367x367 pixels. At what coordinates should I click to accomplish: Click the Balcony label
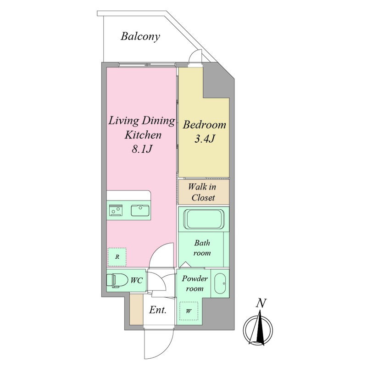point(140,37)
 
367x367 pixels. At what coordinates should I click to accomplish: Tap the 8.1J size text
point(142,149)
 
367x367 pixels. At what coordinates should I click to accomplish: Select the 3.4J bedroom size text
point(205,139)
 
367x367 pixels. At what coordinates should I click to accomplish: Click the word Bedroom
point(204,125)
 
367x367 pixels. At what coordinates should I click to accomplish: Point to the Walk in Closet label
point(202,192)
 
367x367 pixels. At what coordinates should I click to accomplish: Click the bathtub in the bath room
point(204,219)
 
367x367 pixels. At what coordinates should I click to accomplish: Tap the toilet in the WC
point(117,280)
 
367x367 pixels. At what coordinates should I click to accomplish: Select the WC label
point(136,280)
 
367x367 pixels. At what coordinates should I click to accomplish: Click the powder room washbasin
point(220,284)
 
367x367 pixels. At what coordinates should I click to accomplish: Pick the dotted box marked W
point(189,311)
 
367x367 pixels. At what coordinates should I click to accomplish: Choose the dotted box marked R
point(117,257)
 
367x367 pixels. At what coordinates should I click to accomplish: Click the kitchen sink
point(140,211)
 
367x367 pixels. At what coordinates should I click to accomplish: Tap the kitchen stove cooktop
point(116,210)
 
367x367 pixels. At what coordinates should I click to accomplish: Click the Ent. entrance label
point(158,310)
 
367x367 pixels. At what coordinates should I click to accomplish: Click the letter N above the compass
point(261,303)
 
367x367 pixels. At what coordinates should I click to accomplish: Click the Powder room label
point(195,284)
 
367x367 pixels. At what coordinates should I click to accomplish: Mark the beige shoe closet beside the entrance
point(136,309)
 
